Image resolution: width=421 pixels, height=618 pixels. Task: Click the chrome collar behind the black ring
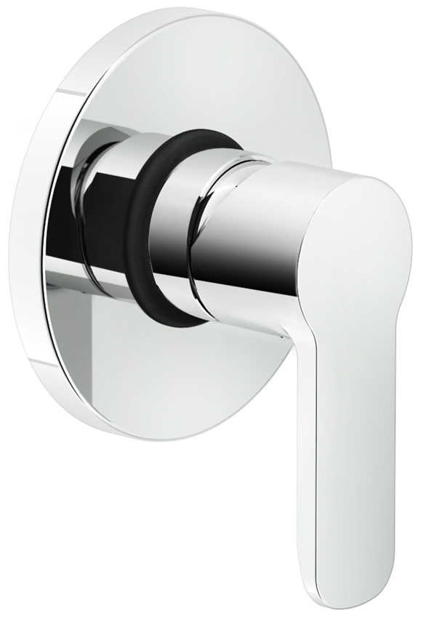point(109,211)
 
